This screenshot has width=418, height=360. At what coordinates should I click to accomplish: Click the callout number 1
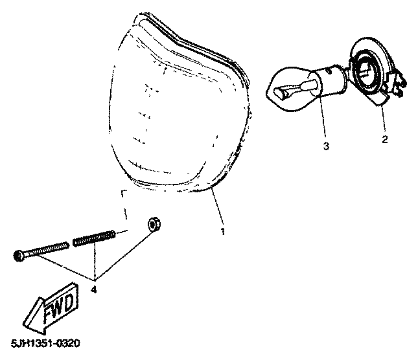223,231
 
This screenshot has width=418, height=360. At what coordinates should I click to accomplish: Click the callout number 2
385,139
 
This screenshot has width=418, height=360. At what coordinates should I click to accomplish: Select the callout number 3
326,146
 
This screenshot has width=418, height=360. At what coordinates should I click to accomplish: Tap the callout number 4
93,289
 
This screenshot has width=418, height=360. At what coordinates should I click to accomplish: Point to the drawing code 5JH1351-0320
45,344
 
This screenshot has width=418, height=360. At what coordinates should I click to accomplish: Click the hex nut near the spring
154,225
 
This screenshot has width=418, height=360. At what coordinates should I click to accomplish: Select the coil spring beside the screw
95,238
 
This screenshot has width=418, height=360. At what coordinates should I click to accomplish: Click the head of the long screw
19,256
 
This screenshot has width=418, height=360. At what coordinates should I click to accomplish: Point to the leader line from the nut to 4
124,255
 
